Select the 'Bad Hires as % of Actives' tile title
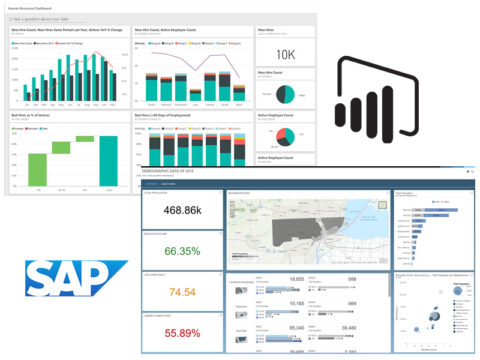tap(36, 116)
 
